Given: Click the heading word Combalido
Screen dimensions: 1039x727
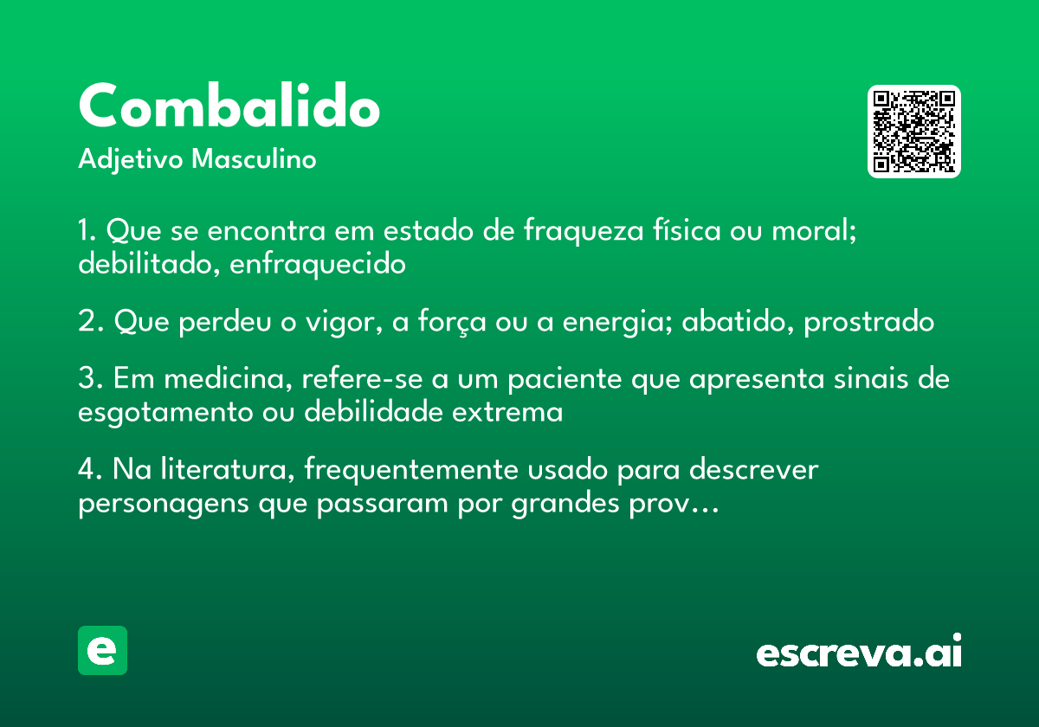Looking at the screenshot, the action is click(x=229, y=106).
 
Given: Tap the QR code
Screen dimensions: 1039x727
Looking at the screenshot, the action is click(x=913, y=132).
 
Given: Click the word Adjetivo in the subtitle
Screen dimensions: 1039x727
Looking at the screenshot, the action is click(x=131, y=160).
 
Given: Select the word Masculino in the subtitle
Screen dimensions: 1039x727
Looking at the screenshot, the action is click(x=254, y=159).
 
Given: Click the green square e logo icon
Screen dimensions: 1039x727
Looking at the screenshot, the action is click(x=102, y=650).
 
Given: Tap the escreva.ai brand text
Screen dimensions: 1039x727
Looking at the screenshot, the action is click(x=859, y=651).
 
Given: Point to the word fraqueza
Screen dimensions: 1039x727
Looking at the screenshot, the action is click(x=584, y=230).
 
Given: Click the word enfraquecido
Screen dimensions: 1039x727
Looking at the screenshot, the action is click(x=318, y=264).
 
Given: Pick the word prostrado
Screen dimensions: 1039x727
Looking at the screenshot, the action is click(x=868, y=322).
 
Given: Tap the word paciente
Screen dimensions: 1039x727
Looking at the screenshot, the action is click(x=565, y=380).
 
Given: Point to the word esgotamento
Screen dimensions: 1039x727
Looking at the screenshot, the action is click(x=165, y=413).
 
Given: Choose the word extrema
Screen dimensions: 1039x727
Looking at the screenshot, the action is click(x=507, y=412).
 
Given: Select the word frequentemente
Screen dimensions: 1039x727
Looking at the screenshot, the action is click(x=411, y=470).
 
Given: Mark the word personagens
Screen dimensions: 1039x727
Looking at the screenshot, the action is click(x=164, y=504).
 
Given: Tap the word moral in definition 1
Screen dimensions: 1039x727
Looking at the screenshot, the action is click(x=814, y=230).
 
